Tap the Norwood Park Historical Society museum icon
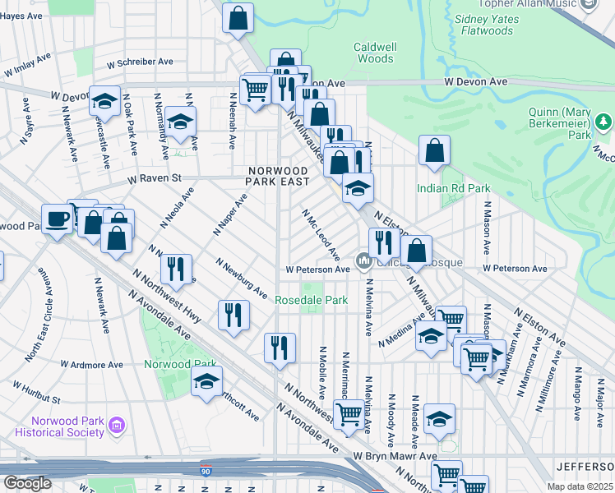click(x=116, y=426)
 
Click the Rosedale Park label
click(x=311, y=301)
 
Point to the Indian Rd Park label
click(x=454, y=188)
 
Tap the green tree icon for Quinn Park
click(x=604, y=122)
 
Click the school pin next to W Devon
click(x=104, y=102)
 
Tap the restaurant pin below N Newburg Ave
click(x=234, y=315)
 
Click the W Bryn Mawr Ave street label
click(x=395, y=455)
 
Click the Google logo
click(x=26, y=483)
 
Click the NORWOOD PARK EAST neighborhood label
click(x=280, y=175)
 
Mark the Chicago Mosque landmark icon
click(x=363, y=262)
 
